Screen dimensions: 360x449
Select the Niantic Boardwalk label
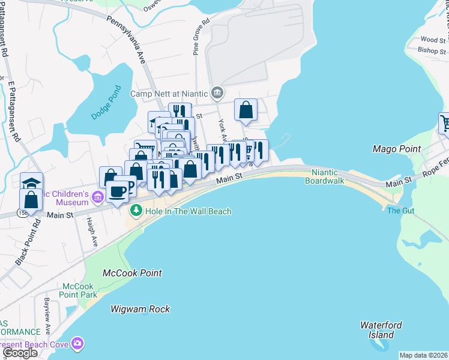(x=326, y=176)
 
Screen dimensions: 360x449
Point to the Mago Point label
(x=396, y=149)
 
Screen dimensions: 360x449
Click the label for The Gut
(x=400, y=211)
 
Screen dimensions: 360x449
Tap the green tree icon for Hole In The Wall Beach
(x=136, y=211)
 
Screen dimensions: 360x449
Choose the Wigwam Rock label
(x=140, y=309)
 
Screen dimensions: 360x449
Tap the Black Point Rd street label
(x=27, y=246)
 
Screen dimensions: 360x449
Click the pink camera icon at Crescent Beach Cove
(x=77, y=344)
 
